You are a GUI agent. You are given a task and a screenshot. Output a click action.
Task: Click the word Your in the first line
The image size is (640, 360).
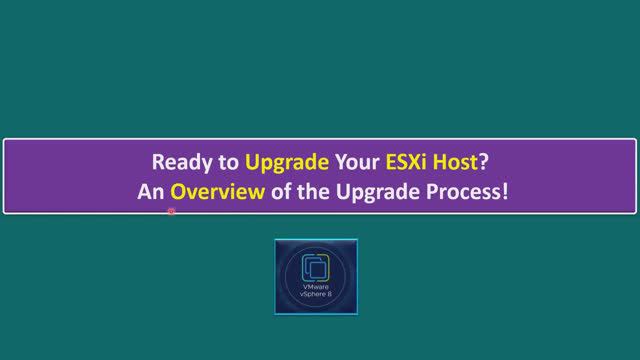click(356, 162)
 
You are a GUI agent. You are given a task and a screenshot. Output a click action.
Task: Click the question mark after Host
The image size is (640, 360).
click(484, 162)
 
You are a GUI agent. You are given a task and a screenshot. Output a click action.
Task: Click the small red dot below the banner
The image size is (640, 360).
click(172, 212)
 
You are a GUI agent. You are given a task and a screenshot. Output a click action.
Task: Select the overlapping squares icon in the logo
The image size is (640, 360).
click(315, 267)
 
